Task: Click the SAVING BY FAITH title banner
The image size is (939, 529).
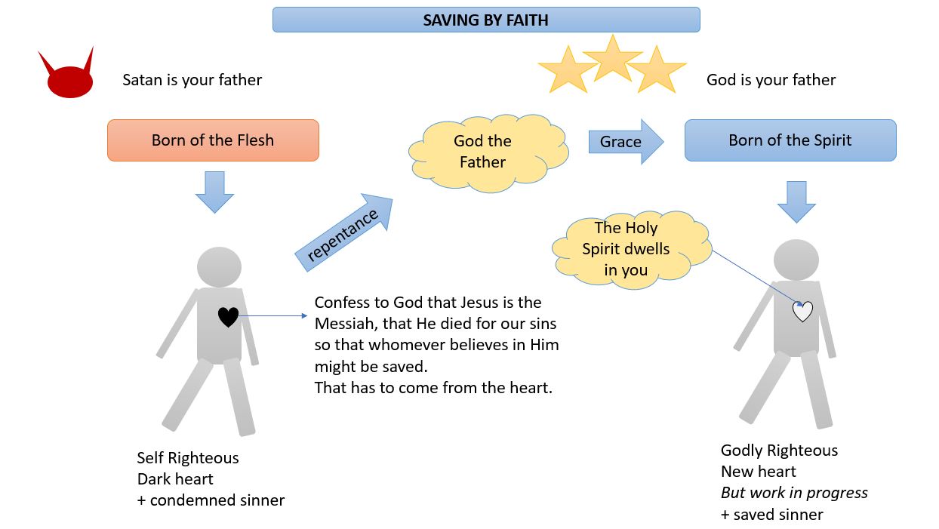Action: click(x=485, y=20)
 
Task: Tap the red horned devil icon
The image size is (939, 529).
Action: click(x=69, y=79)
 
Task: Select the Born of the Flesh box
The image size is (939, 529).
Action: click(x=213, y=140)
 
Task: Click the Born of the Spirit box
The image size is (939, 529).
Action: click(x=790, y=140)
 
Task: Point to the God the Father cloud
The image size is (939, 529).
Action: click(x=483, y=151)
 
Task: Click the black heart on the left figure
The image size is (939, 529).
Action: click(x=228, y=317)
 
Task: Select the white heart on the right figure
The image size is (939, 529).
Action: click(x=802, y=311)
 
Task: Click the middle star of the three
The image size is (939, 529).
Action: click(x=612, y=58)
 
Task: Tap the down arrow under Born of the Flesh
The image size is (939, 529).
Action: click(x=214, y=192)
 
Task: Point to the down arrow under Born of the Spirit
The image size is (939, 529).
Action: click(x=796, y=201)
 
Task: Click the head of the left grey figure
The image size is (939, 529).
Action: click(x=219, y=266)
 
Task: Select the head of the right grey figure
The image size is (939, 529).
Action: click(x=796, y=259)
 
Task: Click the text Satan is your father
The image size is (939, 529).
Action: click(x=192, y=80)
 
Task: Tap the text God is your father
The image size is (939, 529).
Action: click(x=771, y=80)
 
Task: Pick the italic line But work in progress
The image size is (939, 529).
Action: click(x=794, y=493)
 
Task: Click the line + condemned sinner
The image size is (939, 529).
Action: click(x=211, y=500)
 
